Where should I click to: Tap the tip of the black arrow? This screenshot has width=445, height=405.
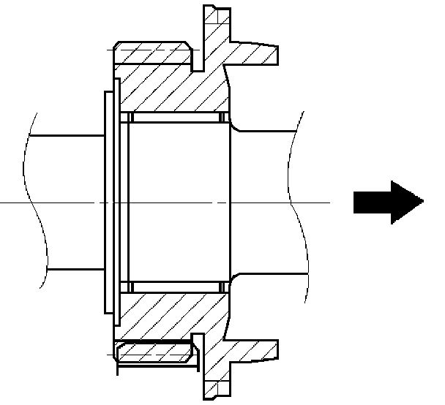[423, 201]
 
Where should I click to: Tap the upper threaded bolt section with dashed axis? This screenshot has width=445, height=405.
[154, 53]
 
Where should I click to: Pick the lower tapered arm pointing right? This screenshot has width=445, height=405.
[253, 349]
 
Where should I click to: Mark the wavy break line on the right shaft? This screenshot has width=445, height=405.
[293, 201]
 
